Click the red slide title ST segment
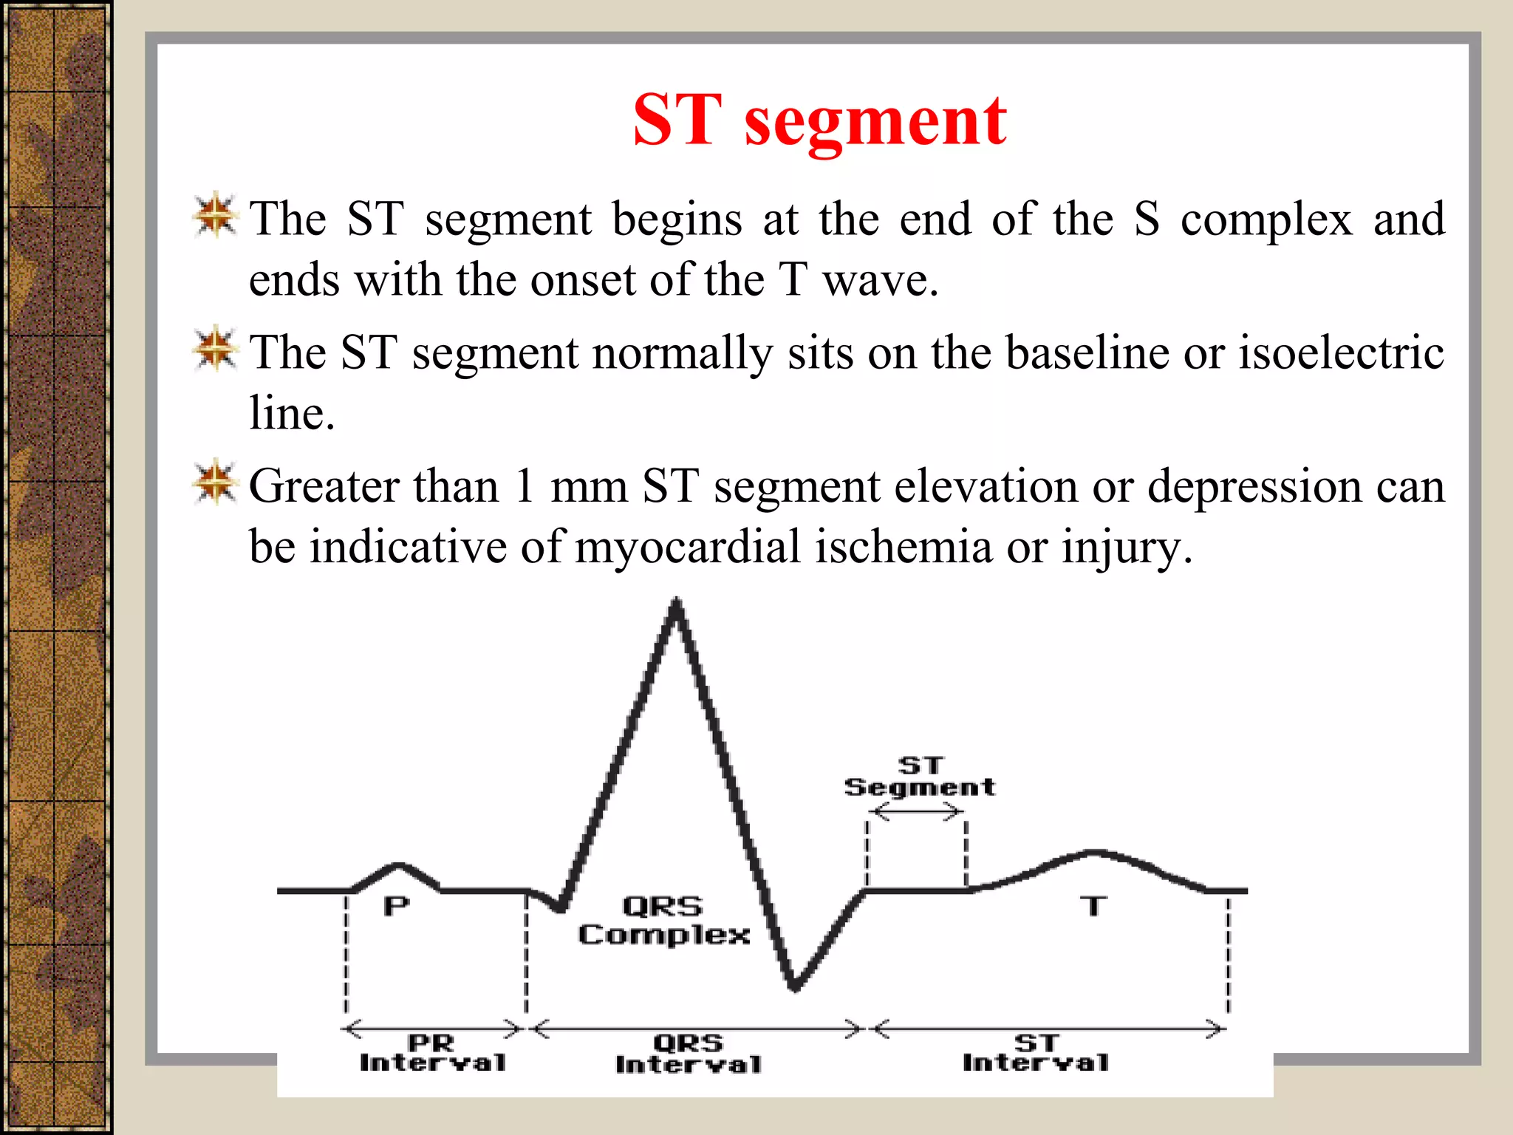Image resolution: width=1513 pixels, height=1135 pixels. [819, 120]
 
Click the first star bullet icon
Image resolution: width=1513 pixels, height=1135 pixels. [215, 216]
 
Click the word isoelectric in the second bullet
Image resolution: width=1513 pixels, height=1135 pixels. [1341, 352]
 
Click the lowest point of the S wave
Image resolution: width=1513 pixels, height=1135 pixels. [794, 986]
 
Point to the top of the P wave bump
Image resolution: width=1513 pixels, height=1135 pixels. [399, 864]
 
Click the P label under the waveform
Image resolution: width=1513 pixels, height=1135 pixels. [396, 906]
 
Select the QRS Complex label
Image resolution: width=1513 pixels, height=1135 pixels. [663, 921]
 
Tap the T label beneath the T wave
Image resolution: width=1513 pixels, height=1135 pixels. [1093, 906]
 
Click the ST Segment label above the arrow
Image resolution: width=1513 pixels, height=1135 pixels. [920, 777]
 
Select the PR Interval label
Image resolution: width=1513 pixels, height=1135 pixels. [432, 1053]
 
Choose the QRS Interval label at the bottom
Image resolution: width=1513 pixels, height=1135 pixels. [688, 1054]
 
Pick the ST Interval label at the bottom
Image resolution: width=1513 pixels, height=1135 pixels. [1036, 1053]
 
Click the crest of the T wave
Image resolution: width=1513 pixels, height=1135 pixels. [1096, 853]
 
